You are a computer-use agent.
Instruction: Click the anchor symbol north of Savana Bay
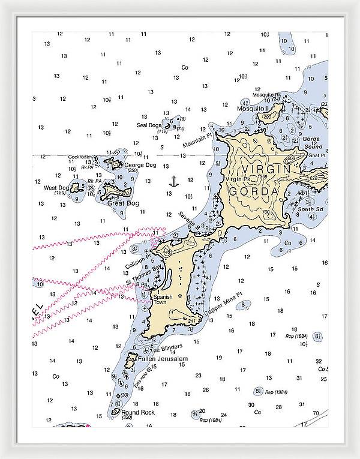click(173, 181)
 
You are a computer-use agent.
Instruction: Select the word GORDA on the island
click(253, 191)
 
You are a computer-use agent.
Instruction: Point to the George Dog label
click(140, 164)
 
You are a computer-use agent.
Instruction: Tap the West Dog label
click(56, 188)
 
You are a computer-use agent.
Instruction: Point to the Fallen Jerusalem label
click(163, 359)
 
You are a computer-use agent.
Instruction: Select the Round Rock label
click(138, 412)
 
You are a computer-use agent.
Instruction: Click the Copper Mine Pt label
click(223, 304)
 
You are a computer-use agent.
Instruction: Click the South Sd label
click(311, 209)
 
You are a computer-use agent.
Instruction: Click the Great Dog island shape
click(115, 192)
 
